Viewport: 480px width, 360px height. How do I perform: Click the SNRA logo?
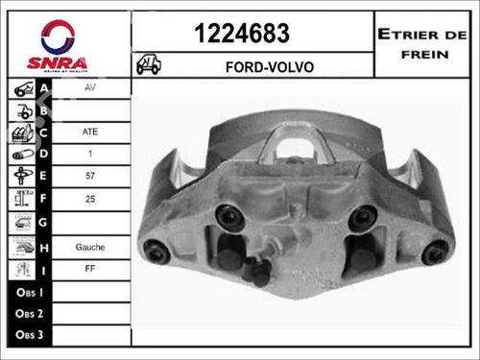point(64,46)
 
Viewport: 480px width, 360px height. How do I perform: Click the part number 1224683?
point(242,35)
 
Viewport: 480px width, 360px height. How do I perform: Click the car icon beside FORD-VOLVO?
point(149,66)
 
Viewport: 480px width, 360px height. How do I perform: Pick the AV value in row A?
point(90,86)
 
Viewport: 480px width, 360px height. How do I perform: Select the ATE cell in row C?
point(90,132)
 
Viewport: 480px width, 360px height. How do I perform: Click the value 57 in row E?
point(90,177)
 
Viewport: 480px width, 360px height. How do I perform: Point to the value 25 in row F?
point(90,200)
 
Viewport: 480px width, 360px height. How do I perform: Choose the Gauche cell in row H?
point(90,246)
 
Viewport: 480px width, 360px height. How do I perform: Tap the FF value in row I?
point(90,270)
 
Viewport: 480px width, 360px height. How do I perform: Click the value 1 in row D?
point(90,155)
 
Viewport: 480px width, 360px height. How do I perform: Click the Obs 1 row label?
point(30,292)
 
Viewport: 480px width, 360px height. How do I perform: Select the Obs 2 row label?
point(30,315)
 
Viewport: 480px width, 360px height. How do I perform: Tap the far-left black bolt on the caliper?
point(156,252)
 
